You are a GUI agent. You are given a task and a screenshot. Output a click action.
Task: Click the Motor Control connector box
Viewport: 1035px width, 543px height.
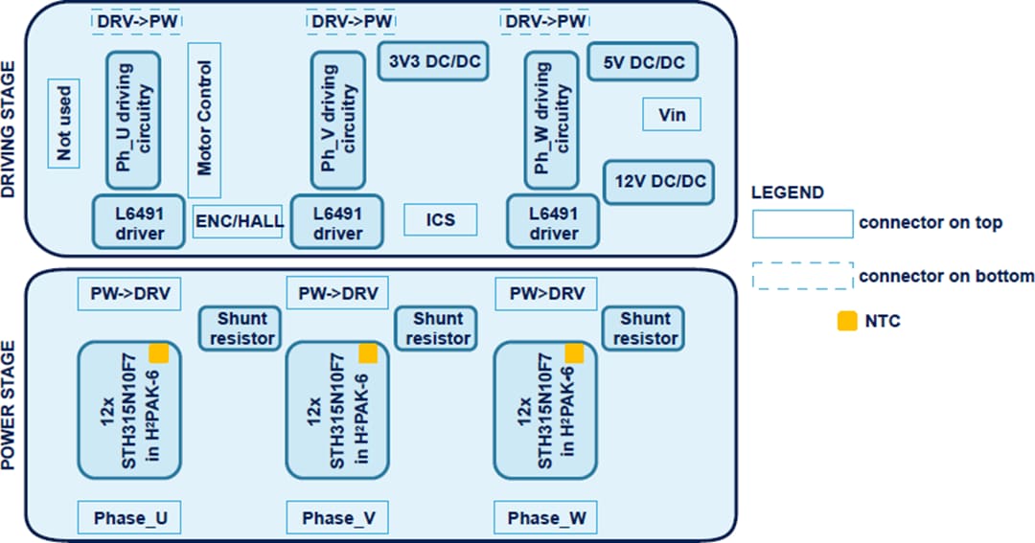[x=204, y=120]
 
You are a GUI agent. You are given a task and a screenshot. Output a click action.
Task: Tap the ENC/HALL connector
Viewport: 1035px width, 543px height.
[x=240, y=221]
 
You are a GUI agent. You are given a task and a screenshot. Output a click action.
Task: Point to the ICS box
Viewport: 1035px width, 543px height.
[x=441, y=221]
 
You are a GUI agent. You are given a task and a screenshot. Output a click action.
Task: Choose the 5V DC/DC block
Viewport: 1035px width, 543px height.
[x=642, y=62]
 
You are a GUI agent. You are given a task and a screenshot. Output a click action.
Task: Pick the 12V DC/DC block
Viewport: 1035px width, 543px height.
[x=659, y=181]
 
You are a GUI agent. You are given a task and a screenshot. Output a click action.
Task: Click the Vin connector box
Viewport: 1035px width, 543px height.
[x=672, y=116]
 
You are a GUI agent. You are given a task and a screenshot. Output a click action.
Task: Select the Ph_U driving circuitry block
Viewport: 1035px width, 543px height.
[x=138, y=120]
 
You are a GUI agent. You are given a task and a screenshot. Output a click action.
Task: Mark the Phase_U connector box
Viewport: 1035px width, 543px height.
[x=129, y=518]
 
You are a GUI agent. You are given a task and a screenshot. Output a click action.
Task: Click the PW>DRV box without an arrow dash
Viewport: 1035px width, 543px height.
[x=545, y=293]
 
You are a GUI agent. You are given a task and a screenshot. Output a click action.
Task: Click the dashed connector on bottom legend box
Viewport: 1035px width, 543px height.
[x=802, y=276]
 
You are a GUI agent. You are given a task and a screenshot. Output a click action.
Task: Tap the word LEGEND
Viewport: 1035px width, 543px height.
[x=787, y=192]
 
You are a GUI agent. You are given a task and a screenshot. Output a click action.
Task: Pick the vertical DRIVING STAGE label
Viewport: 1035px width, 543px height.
[x=11, y=129]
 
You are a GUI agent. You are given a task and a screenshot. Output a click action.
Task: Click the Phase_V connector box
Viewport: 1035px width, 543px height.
[x=338, y=518]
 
